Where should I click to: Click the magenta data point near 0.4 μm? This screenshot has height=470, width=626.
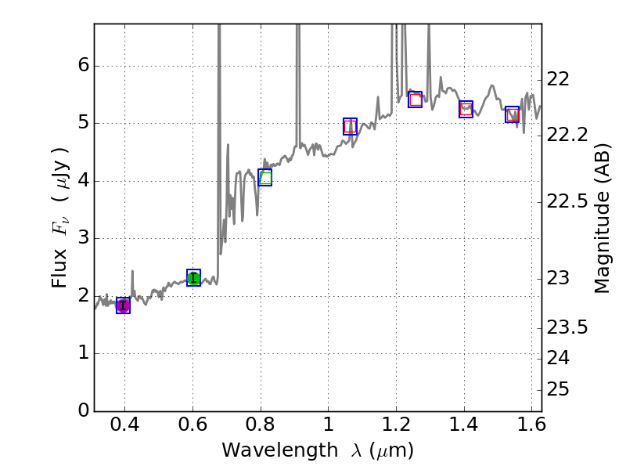(x=123, y=305)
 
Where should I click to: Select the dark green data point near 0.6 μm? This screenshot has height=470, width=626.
(x=193, y=277)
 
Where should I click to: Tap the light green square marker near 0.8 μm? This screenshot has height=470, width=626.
(x=264, y=178)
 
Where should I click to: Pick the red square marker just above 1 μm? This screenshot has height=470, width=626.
(x=350, y=126)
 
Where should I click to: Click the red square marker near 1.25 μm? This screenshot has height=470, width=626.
(x=415, y=99)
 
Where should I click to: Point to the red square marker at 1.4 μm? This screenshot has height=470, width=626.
(x=466, y=109)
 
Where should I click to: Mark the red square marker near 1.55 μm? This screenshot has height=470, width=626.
(x=512, y=114)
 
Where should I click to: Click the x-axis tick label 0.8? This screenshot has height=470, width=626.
(x=261, y=428)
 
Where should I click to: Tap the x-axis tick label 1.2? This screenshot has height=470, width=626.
(x=396, y=428)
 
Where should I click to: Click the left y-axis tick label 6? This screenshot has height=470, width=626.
(x=82, y=66)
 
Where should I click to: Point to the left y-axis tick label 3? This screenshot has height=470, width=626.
(x=82, y=238)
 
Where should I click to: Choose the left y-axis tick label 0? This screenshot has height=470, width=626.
(x=82, y=411)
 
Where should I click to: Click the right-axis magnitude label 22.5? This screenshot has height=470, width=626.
(x=569, y=202)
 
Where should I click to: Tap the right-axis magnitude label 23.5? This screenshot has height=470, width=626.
(x=569, y=327)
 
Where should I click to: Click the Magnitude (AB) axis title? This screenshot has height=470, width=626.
(x=602, y=218)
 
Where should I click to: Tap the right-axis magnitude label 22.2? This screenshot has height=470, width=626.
(x=569, y=135)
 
